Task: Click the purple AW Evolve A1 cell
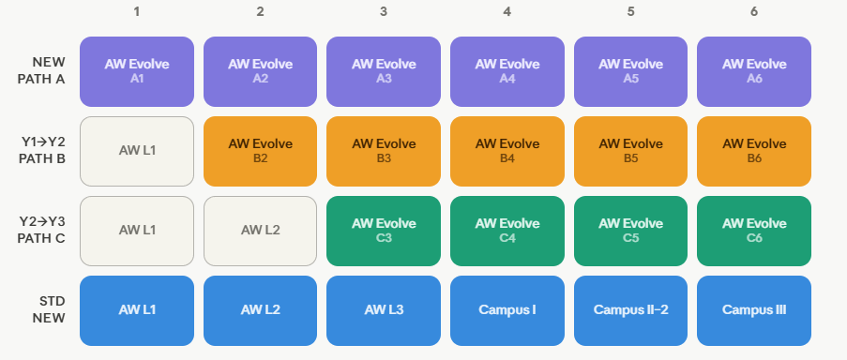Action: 137,72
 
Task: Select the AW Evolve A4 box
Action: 507,72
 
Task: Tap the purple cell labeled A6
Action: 754,72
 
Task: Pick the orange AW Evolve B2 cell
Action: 261,151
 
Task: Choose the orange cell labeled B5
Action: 631,151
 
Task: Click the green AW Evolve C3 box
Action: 384,231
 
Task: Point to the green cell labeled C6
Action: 754,231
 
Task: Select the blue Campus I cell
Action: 507,310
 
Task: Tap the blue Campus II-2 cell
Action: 631,310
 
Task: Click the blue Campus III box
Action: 754,310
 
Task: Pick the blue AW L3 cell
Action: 384,310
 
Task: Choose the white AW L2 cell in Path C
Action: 261,231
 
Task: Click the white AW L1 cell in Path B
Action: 137,151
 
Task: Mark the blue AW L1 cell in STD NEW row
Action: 137,310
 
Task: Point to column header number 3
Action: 384,11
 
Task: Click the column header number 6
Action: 754,11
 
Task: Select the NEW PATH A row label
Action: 41,70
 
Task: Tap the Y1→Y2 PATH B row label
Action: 41,151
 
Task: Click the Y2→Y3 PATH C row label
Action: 41,230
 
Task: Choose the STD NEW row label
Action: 49,309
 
